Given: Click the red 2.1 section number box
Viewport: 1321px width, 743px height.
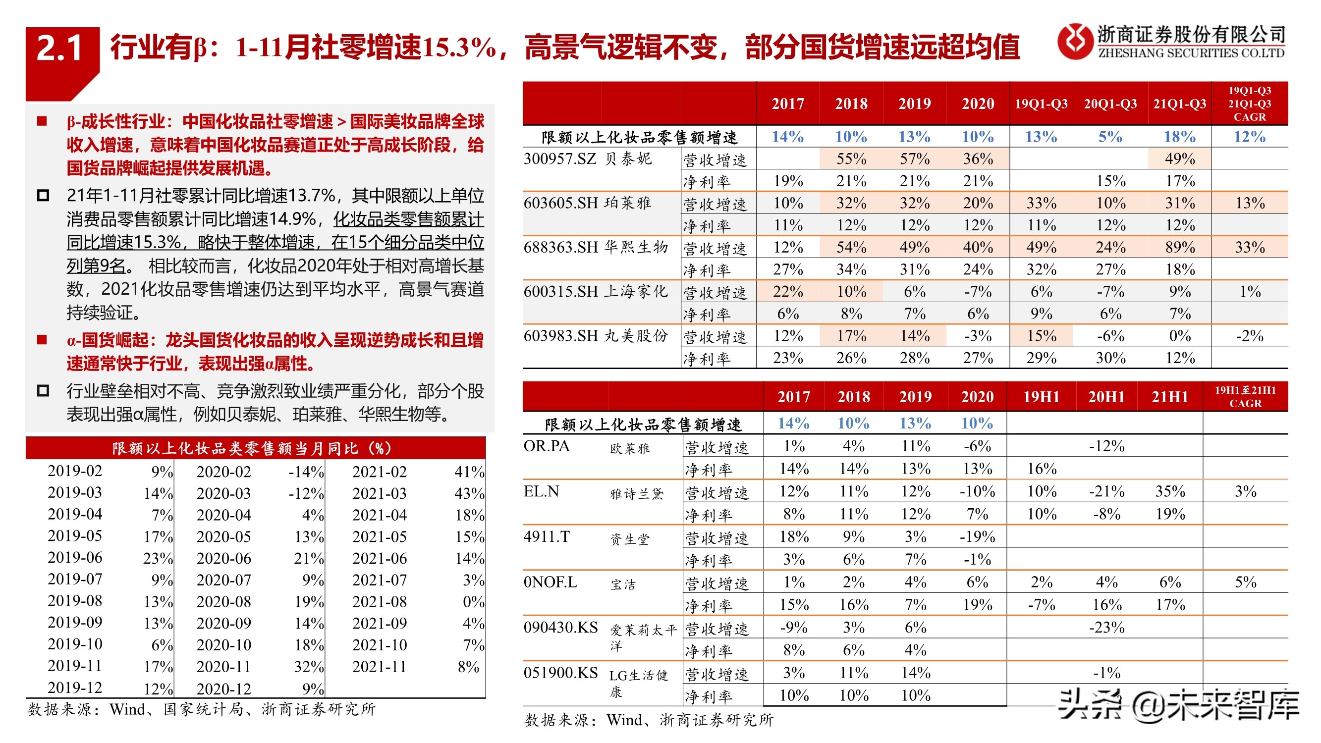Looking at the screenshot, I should tap(60, 49).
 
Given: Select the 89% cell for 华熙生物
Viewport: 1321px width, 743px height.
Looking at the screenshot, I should tap(1179, 247).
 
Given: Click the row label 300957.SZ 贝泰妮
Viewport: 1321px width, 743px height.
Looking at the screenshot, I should tap(588, 159).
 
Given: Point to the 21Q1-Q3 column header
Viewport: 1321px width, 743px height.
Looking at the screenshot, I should tap(1179, 104).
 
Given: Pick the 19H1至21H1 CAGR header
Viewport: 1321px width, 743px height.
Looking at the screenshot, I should tap(1245, 396).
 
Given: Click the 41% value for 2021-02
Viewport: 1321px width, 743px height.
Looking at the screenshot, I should tap(469, 472).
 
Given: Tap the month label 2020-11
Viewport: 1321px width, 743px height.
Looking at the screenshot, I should tap(223, 667).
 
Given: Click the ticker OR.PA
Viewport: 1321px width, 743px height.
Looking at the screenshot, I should tap(547, 446).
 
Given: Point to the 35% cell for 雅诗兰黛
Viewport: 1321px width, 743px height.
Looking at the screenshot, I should tap(1170, 491).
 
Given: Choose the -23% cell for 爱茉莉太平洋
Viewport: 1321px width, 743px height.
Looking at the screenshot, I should tap(1106, 628).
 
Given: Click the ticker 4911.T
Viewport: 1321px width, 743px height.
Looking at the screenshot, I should tap(547, 537).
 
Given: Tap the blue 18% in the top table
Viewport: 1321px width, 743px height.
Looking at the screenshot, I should tap(1179, 137).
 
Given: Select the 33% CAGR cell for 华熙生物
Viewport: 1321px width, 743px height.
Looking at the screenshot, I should tap(1250, 247).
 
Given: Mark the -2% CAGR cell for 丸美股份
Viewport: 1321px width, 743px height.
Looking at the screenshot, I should tap(1250, 336).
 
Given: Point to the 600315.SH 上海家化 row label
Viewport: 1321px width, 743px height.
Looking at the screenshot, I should tap(595, 292).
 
